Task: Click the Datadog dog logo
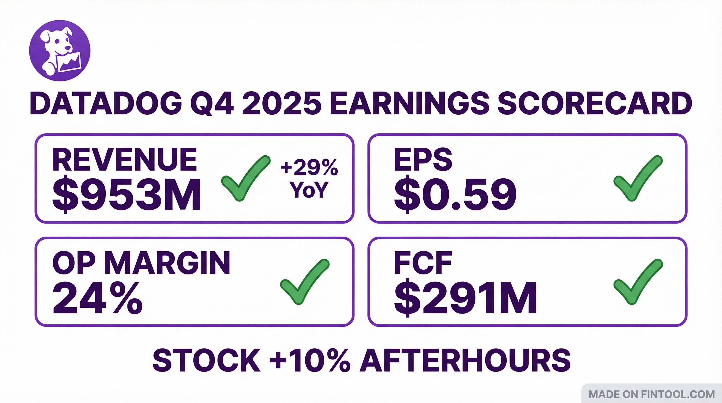(x=60, y=51)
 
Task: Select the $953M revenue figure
(x=126, y=194)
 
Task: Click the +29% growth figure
(x=309, y=168)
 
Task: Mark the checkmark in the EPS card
(x=638, y=178)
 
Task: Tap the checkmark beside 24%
(x=305, y=281)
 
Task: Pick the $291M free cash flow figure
(x=465, y=298)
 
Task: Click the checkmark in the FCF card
(x=638, y=281)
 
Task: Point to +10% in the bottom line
(x=310, y=361)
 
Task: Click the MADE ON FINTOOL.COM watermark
(x=652, y=395)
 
